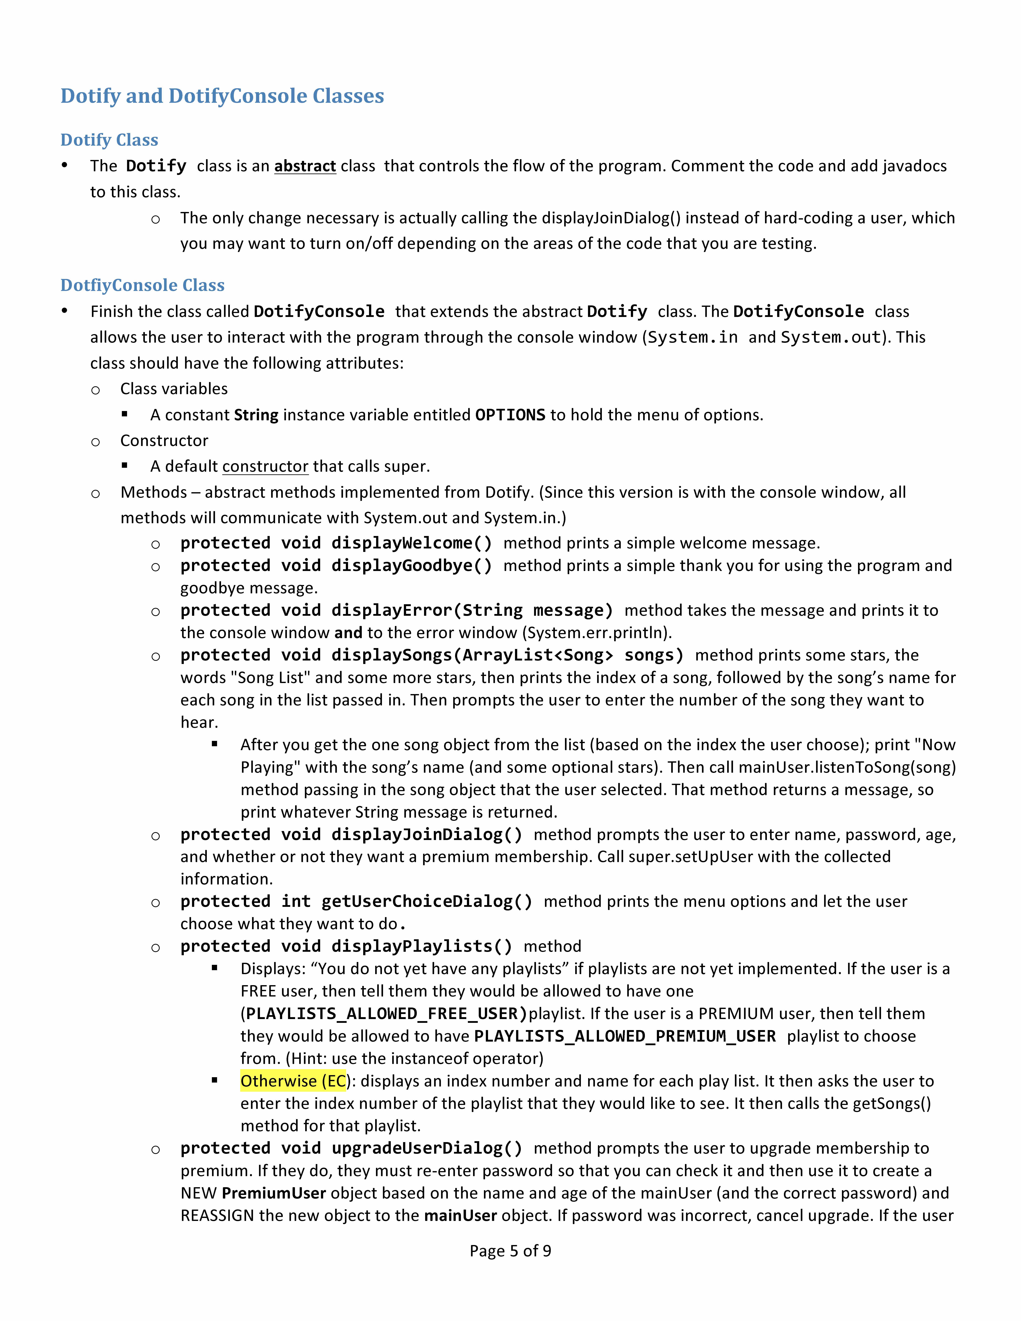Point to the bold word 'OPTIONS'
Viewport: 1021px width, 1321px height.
click(510, 415)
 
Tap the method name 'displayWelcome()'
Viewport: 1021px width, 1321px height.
click(411, 543)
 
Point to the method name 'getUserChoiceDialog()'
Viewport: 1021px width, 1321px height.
click(426, 902)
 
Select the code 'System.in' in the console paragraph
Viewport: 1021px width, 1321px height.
click(692, 338)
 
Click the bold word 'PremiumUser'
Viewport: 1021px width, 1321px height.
click(273, 1193)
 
